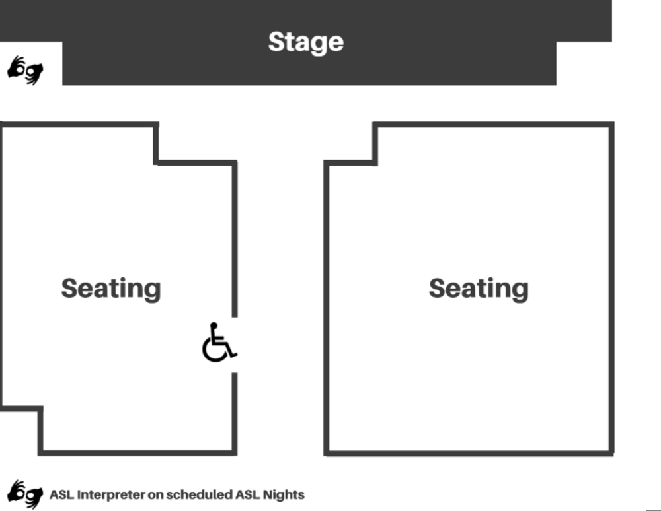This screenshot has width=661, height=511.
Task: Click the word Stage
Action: [305, 42]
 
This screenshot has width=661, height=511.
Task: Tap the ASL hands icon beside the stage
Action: [25, 70]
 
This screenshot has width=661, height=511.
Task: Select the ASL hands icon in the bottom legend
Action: [25, 493]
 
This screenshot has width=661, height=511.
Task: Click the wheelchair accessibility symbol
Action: [219, 343]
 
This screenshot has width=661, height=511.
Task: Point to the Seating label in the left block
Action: [111, 289]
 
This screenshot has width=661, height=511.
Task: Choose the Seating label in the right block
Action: [479, 289]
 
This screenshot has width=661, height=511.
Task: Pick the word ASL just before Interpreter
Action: [62, 494]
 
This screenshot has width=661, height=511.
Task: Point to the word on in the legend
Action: [155, 494]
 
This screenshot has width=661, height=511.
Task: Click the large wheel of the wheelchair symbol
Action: [215, 350]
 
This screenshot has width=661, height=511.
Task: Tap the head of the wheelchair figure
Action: [214, 325]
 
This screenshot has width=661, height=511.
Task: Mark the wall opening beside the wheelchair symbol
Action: [234, 345]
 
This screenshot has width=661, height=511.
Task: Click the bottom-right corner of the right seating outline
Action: [611, 452]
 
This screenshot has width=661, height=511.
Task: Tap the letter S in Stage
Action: [276, 42]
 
